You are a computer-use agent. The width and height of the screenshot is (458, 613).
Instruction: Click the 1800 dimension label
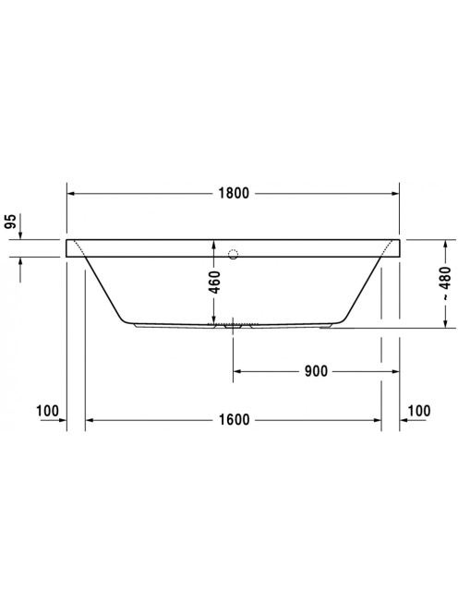pyautogui.click(x=234, y=193)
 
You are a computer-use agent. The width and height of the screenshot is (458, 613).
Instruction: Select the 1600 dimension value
pyautogui.click(x=234, y=420)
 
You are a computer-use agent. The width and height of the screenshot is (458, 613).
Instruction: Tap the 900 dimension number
pyautogui.click(x=316, y=371)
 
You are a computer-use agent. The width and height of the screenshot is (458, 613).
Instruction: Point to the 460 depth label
pyautogui.click(x=214, y=282)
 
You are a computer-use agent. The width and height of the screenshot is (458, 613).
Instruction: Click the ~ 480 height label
pyautogui.click(x=445, y=283)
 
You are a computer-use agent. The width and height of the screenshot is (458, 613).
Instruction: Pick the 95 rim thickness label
pyautogui.click(x=10, y=222)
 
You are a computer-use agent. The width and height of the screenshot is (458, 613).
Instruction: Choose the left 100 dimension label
pyautogui.click(x=47, y=411)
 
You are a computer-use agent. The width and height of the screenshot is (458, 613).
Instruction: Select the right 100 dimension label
pyautogui.click(x=419, y=411)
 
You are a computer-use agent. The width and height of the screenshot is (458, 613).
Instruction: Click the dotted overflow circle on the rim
pyautogui.click(x=233, y=254)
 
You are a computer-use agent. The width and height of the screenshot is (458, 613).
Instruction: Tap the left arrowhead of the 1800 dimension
pyautogui.click(x=71, y=193)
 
